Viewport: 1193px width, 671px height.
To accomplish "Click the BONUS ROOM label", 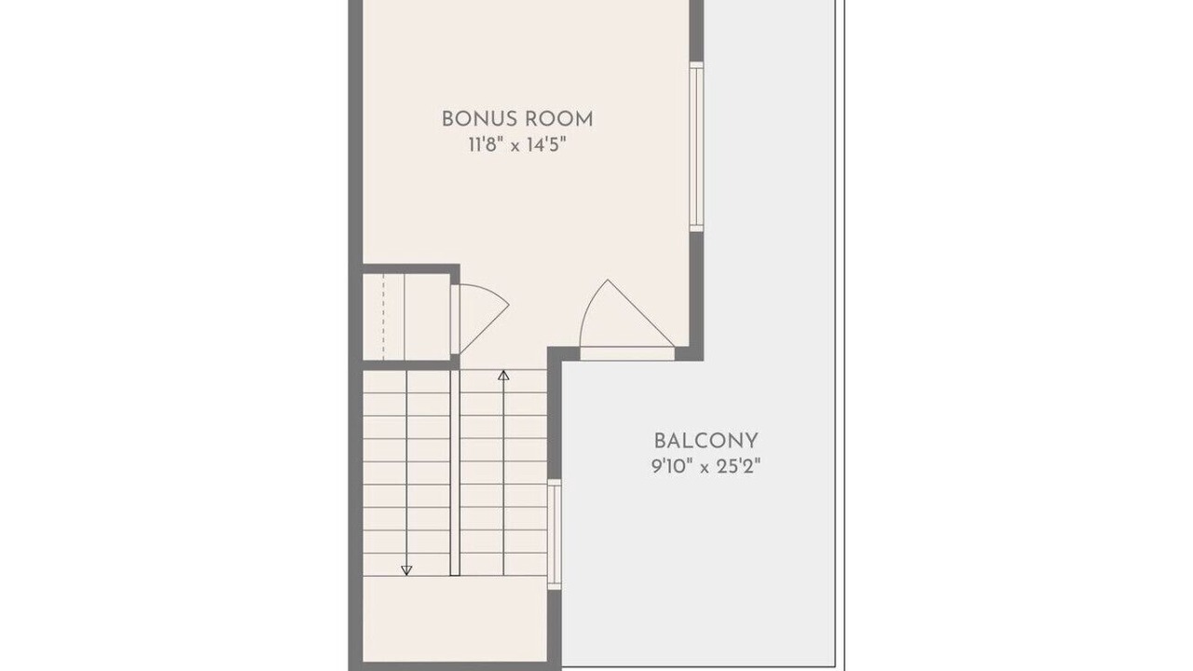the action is [x=517, y=119].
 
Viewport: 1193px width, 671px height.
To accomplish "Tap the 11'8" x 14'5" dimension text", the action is [x=516, y=144].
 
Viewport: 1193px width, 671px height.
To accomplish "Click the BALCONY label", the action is [x=706, y=441].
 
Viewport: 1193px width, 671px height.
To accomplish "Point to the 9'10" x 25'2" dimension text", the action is [x=706, y=468].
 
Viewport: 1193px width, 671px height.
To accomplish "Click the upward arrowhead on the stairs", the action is [x=503, y=376].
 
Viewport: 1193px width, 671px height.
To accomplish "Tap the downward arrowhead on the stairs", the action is [x=406, y=570].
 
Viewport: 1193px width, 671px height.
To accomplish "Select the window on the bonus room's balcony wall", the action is [x=696, y=147].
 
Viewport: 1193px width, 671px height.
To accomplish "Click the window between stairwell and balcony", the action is [x=555, y=535].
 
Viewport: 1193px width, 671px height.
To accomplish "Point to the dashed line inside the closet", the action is [x=383, y=317].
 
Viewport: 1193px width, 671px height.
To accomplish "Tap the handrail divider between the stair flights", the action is [x=455, y=472].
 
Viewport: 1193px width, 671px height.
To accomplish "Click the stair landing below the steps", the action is [x=456, y=619].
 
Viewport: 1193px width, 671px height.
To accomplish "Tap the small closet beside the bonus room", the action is [x=407, y=317].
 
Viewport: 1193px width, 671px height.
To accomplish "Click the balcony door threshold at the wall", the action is [x=627, y=353].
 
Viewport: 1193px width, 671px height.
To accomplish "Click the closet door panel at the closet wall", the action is [x=456, y=320].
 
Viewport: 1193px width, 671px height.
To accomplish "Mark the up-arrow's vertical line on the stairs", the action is [x=503, y=473].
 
